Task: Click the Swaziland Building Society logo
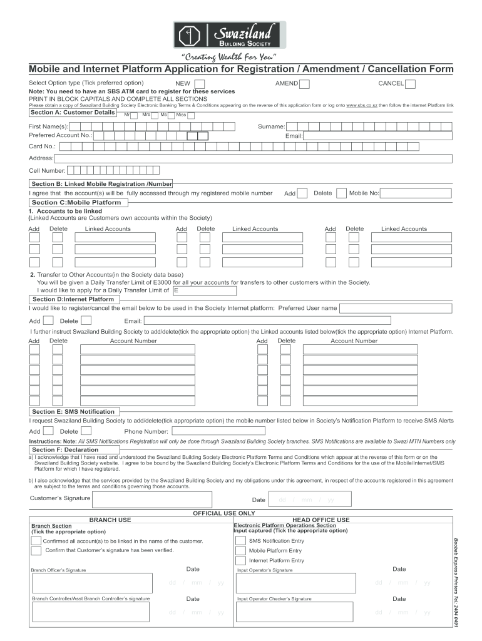tap(229, 35)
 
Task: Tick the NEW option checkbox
tap(199, 84)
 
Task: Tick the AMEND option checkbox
tap(305, 84)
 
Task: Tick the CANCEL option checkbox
tap(411, 84)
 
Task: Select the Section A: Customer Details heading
tap(73, 113)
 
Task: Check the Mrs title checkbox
tap(155, 115)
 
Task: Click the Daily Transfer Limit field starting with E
tap(205, 290)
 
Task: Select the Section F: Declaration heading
tap(65, 449)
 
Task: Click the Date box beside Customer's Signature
tap(309, 500)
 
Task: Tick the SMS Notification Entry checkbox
tap(240, 540)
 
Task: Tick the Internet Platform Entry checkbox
tap(240, 560)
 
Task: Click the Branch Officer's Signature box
tap(91, 583)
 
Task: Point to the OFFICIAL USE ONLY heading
tap(223, 513)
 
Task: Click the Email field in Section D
tap(301, 321)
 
